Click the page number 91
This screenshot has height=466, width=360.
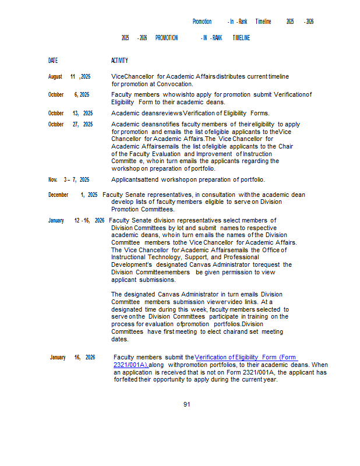pyautogui.click(x=186, y=404)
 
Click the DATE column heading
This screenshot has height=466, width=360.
pyautogui.click(x=53, y=61)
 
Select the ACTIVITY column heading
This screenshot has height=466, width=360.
pyautogui.click(x=119, y=61)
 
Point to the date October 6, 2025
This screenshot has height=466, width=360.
pyautogui.click(x=69, y=94)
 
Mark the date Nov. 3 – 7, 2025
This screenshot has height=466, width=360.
pyautogui.click(x=69, y=179)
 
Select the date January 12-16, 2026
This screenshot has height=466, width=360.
pyautogui.click(x=76, y=220)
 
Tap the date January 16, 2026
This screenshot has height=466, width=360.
pyautogui.click(x=72, y=357)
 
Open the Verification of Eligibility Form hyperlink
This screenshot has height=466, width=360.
pyautogui.click(x=246, y=357)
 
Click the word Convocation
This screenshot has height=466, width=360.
pyautogui.click(x=175, y=84)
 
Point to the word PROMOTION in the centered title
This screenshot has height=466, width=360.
pyautogui.click(x=167, y=38)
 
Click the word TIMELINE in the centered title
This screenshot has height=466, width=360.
pyautogui.click(x=241, y=38)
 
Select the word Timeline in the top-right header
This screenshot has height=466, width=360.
pyautogui.click(x=263, y=22)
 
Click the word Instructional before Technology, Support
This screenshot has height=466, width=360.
pyautogui.click(x=129, y=257)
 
